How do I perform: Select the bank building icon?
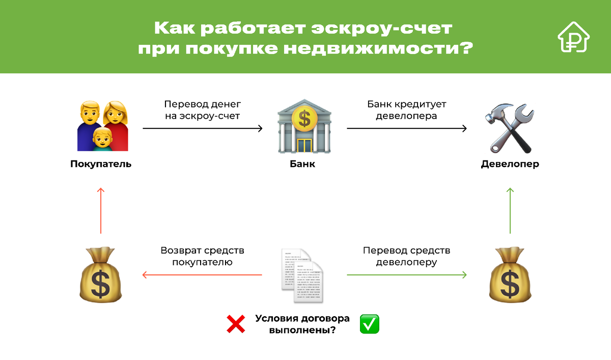(x=304, y=126)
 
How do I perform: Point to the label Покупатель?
(x=101, y=164)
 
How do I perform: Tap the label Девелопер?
(x=510, y=164)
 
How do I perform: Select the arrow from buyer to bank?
(x=202, y=129)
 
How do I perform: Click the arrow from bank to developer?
(x=406, y=129)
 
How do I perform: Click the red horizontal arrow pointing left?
(x=202, y=275)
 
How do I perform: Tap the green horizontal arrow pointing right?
(x=406, y=275)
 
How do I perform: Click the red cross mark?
(x=235, y=324)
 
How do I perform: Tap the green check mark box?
(x=370, y=324)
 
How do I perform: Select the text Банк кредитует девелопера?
(x=407, y=110)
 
